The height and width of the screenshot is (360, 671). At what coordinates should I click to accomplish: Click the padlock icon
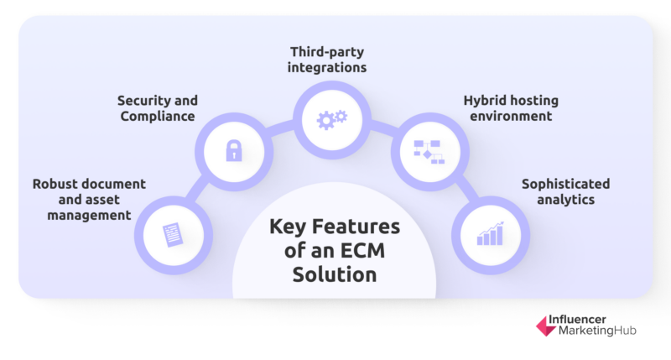234,150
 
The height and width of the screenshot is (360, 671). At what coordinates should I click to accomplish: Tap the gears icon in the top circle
332,120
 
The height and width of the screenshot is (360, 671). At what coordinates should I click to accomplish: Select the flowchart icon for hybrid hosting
429,152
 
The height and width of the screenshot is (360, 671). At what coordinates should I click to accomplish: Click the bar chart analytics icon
491,234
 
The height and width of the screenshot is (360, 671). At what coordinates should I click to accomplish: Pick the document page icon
173,235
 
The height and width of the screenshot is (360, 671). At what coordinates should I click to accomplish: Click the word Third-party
327,52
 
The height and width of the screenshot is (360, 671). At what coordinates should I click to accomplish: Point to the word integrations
327,68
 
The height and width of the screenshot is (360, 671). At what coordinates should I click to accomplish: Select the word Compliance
158,116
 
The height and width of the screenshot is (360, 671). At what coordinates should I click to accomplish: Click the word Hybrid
485,101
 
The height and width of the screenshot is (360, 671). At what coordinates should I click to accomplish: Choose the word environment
511,116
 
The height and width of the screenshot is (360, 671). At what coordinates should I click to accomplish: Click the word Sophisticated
565,184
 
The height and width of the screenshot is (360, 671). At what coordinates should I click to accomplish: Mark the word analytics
565,200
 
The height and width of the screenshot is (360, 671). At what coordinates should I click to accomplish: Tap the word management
89,216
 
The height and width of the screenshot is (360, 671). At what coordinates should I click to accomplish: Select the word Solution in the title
335,274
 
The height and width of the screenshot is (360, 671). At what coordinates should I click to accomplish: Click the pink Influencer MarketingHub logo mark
546,326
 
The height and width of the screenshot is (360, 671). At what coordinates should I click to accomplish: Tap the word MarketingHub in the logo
597,331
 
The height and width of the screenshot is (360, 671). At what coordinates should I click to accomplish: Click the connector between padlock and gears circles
280,128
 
